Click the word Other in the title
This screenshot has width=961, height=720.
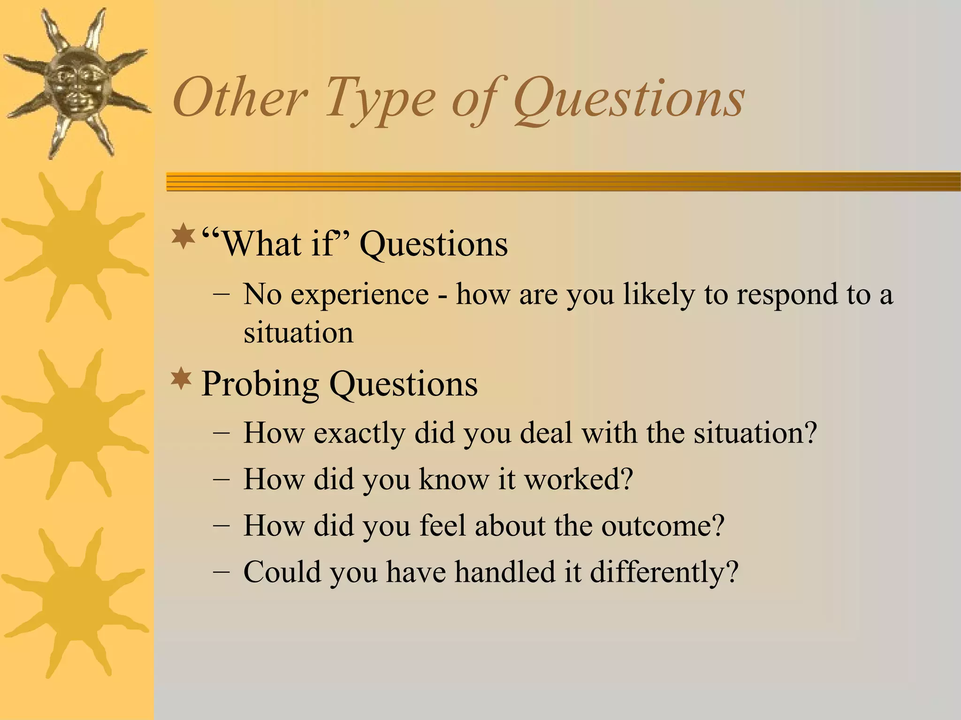(x=240, y=98)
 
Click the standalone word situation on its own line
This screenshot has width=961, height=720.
(x=298, y=333)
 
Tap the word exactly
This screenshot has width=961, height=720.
(x=359, y=434)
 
